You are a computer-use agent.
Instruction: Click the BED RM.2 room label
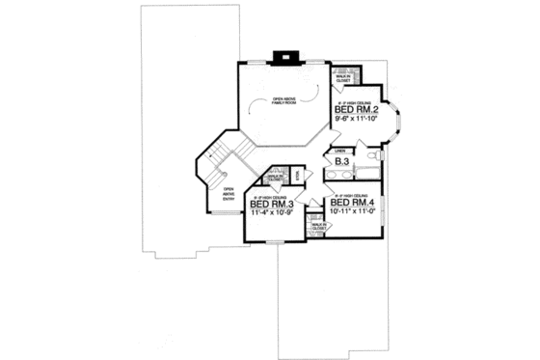[354, 111]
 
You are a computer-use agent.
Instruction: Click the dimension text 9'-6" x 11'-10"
[354, 121]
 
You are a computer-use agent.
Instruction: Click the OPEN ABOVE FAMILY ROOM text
[283, 100]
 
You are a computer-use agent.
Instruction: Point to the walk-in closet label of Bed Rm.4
[319, 228]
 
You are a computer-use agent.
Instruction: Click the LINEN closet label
[339, 150]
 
